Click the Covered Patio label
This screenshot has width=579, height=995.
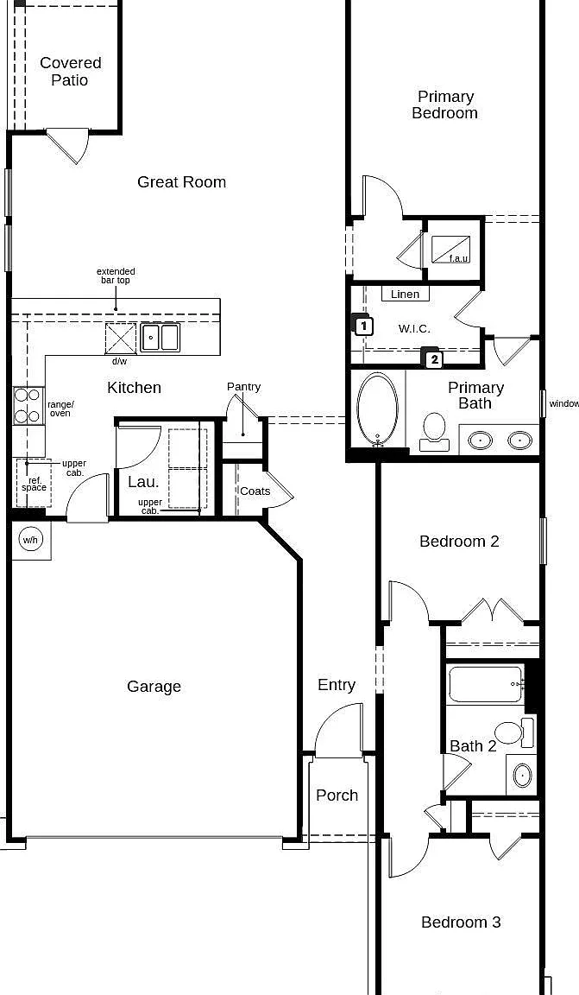(71, 71)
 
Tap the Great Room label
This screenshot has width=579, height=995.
(181, 182)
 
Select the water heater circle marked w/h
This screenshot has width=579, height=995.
(30, 540)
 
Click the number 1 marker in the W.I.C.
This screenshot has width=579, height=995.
(362, 326)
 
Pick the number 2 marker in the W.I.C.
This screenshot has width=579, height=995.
(433, 358)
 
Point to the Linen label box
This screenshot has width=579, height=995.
(406, 294)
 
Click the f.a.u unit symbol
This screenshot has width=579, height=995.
(451, 250)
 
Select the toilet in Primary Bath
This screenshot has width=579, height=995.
(434, 432)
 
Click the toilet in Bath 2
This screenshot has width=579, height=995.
(513, 733)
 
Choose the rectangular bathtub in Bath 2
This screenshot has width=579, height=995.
(486, 684)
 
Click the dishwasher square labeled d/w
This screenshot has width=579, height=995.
(121, 338)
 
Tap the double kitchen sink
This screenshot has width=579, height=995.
(160, 337)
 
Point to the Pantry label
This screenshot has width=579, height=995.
(243, 386)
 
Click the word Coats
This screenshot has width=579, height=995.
(255, 491)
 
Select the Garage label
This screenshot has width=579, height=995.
(154, 686)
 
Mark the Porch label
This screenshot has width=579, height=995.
(337, 795)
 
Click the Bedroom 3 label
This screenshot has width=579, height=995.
(461, 922)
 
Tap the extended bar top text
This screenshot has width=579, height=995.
(116, 276)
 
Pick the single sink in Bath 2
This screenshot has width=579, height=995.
(522, 775)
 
